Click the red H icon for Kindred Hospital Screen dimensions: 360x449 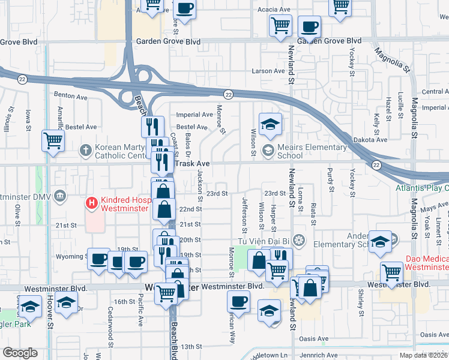(92, 203)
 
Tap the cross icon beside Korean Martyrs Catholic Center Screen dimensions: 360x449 (87, 149)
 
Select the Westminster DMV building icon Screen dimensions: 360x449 (61, 196)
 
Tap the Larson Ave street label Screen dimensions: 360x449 (268, 71)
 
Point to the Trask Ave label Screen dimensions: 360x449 (191, 163)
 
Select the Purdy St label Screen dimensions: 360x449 (331, 181)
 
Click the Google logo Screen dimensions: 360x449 (20, 353)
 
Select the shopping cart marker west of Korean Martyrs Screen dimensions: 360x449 (53, 142)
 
